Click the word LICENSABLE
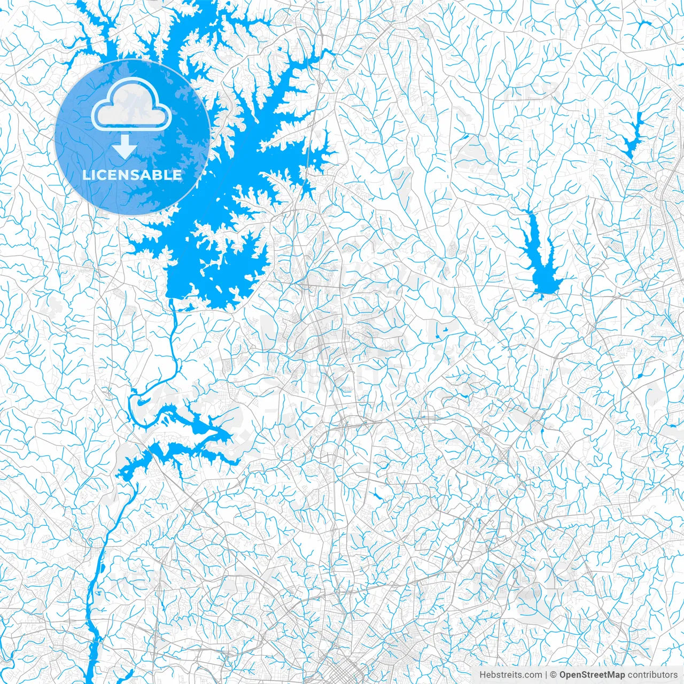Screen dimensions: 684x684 pos(132,175)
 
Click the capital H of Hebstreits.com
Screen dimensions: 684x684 pos(483,675)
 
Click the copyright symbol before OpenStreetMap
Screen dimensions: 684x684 pos(554,675)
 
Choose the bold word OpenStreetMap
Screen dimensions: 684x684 pos(592,675)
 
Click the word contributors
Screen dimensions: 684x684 pos(652,675)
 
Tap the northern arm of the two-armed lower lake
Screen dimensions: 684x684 pos(203,425)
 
